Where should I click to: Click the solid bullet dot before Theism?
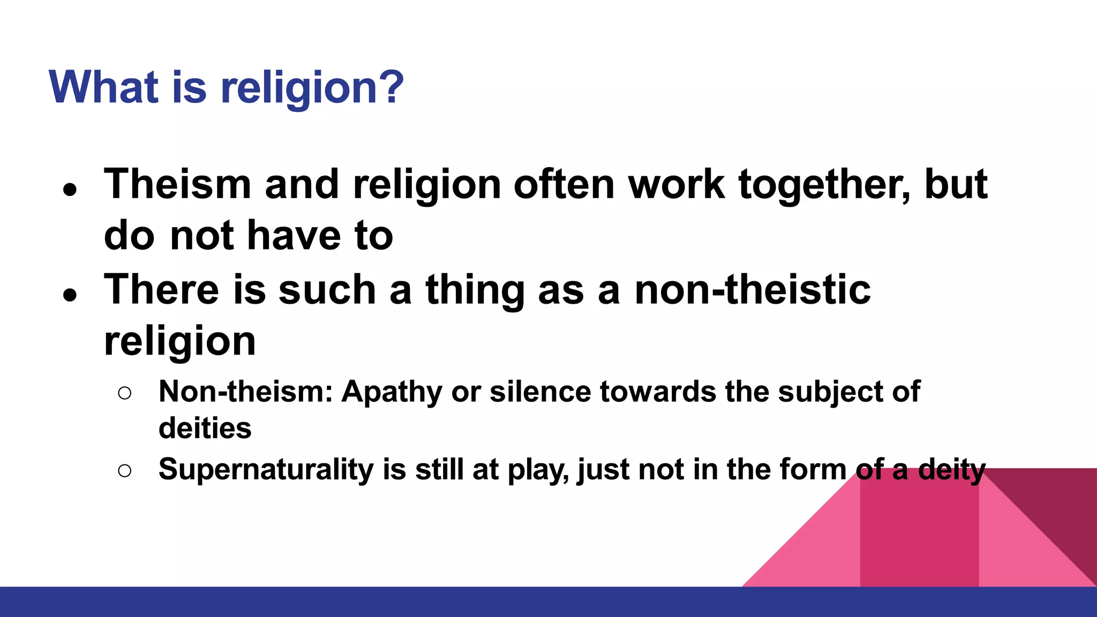pos(70,190)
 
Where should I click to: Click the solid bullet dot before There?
pos(70,295)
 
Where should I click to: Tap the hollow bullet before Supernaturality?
pos(124,471)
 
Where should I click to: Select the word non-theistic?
pos(753,290)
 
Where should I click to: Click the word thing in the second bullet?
pos(475,290)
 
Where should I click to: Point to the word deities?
pos(205,428)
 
